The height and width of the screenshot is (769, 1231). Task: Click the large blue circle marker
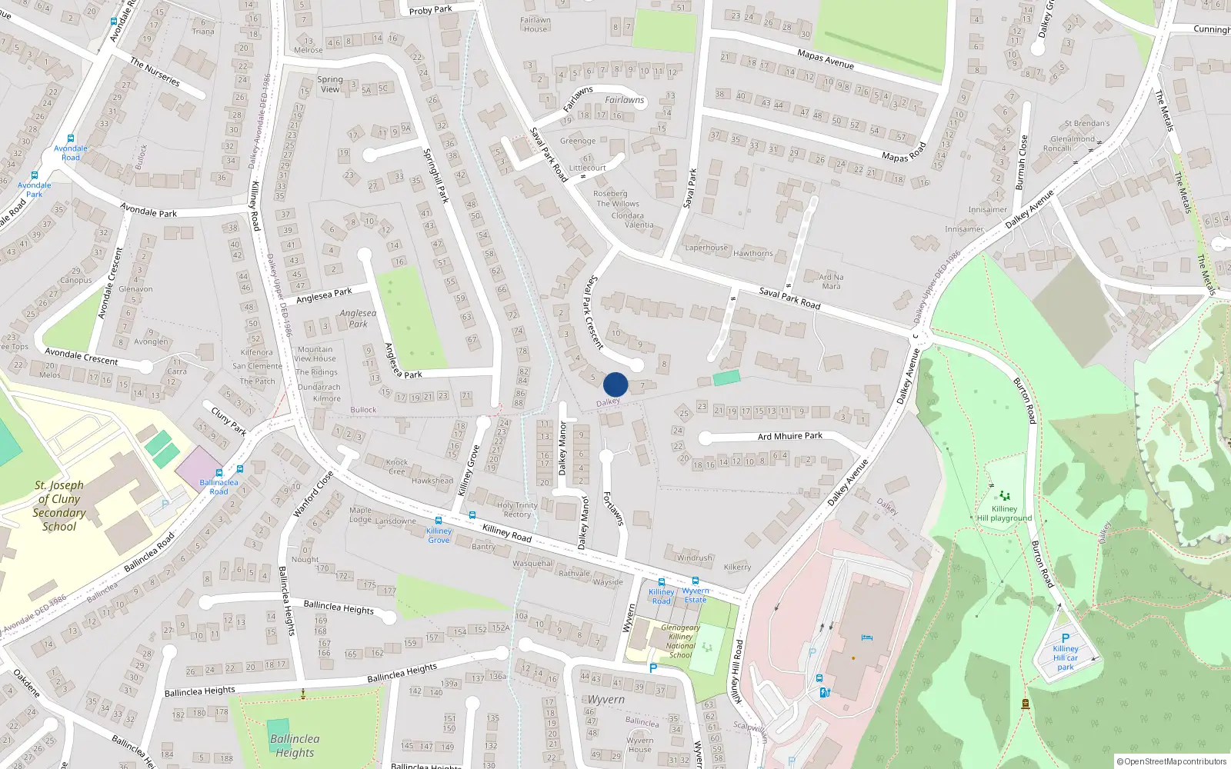[615, 384]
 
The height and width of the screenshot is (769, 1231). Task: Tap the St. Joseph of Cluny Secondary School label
[59, 506]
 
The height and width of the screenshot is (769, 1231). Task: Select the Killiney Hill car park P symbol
[1066, 638]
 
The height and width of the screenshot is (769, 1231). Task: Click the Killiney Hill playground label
[1004, 513]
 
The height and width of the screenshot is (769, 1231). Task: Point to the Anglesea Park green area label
[359, 318]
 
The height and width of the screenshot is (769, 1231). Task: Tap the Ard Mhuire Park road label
[790, 436]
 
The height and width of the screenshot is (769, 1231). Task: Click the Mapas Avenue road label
[826, 58]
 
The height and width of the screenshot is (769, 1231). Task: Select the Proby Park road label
[431, 10]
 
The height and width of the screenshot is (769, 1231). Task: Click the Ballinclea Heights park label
[295, 745]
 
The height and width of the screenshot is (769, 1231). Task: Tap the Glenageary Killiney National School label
[681, 641]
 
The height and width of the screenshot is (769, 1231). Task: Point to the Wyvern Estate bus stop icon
[696, 581]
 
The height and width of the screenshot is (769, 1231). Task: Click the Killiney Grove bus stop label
[439, 535]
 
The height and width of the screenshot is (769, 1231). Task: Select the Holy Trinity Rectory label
[517, 510]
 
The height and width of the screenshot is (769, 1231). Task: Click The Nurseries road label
[155, 72]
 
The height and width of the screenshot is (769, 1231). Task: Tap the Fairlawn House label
[535, 25]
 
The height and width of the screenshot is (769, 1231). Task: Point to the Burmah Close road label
[1021, 162]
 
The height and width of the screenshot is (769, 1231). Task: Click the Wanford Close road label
[313, 494]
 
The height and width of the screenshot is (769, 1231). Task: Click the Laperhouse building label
[706, 248]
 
